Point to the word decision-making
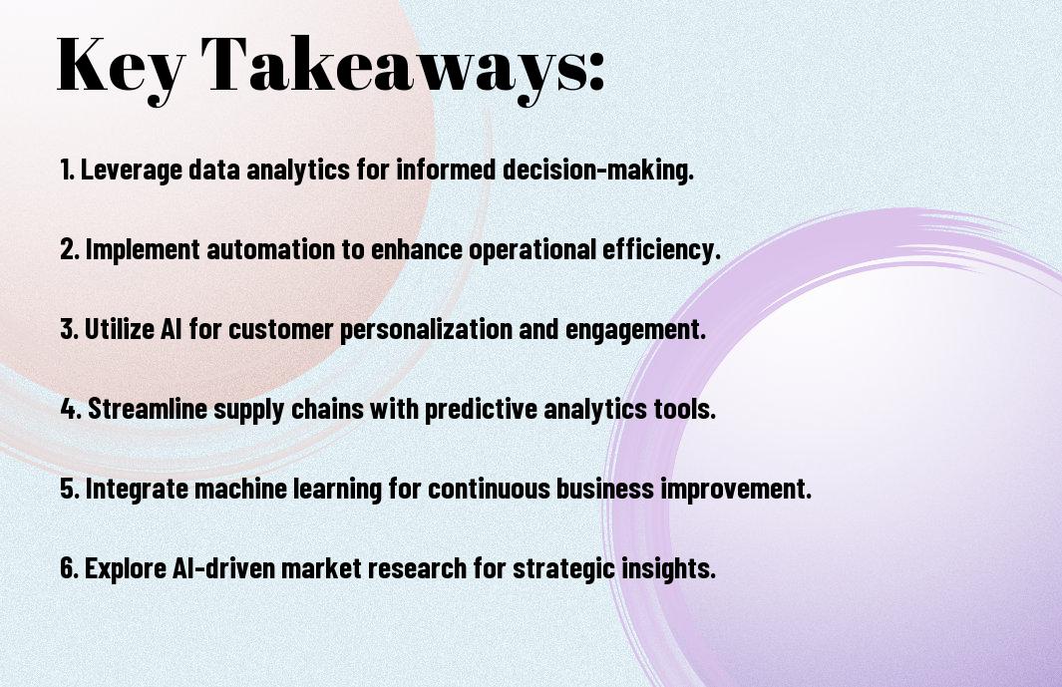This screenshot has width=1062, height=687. [598, 169]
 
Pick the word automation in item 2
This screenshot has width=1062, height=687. [271, 249]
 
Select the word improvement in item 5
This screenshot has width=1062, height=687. [736, 489]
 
